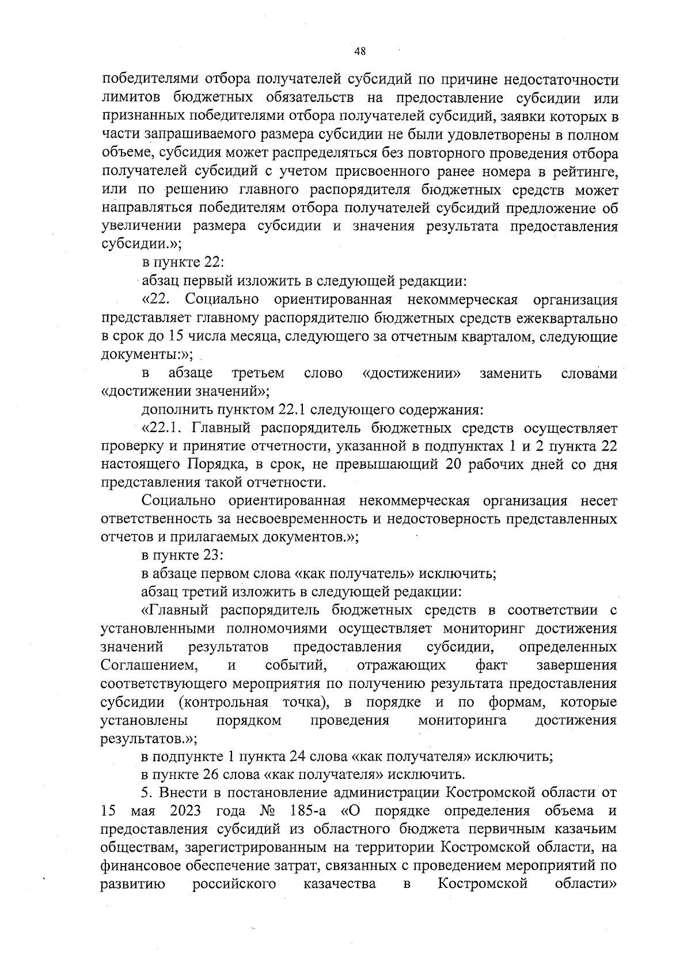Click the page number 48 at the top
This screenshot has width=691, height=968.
pos(360,51)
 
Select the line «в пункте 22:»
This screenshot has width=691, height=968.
pos(183,262)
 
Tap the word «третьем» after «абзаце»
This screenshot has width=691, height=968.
pos(257,373)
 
